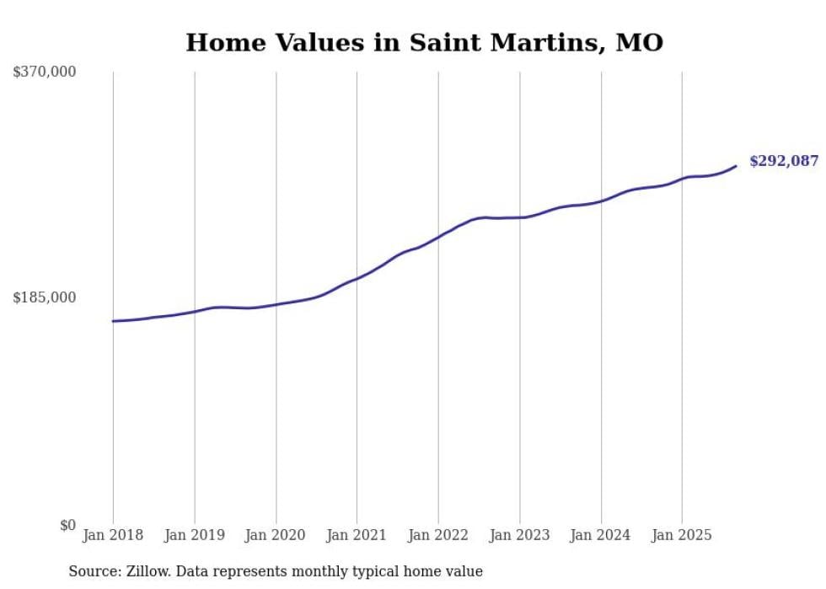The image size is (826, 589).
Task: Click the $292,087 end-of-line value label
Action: pyautogui.click(x=783, y=161)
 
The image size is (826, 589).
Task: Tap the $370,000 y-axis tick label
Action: pyautogui.click(x=44, y=72)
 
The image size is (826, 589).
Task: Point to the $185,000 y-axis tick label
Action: pyautogui.click(x=44, y=297)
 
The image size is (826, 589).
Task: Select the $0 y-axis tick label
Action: pyautogui.click(x=67, y=525)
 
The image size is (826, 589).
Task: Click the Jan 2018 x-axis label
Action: pyautogui.click(x=113, y=535)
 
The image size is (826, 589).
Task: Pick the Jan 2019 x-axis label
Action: pyautogui.click(x=195, y=535)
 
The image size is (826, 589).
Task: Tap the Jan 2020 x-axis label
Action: pyautogui.click(x=276, y=535)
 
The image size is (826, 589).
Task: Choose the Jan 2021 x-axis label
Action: pyautogui.click(x=357, y=535)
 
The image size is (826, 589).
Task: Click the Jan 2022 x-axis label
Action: pyautogui.click(x=438, y=535)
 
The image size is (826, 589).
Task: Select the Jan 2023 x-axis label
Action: pyautogui.click(x=519, y=535)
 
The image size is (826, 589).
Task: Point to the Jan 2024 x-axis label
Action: pyautogui.click(x=601, y=535)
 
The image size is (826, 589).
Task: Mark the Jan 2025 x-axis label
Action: pyautogui.click(x=682, y=535)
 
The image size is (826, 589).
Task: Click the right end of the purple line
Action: pyautogui.click(x=737, y=165)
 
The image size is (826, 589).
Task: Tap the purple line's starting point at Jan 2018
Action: pyautogui.click(x=113, y=321)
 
